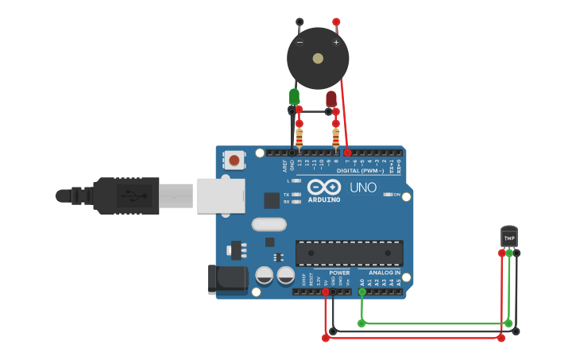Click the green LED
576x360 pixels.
click(294, 96)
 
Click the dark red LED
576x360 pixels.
click(331, 99)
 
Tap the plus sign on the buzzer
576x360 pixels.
click(336, 42)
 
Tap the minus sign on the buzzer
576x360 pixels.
click(300, 42)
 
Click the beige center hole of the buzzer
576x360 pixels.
click(318, 58)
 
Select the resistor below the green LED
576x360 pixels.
click(299, 136)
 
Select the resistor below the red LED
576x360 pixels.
click(335, 137)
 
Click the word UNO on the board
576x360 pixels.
click(362, 188)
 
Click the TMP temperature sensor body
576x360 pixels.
click(509, 237)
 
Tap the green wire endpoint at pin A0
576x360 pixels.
click(362, 292)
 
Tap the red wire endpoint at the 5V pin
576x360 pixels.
click(326, 292)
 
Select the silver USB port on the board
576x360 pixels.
click(221, 195)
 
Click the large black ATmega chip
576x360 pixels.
click(349, 253)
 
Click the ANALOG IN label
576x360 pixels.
click(385, 273)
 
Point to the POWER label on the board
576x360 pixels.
click(339, 273)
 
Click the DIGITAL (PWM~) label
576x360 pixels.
click(360, 171)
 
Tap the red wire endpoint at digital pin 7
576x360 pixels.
click(347, 152)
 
